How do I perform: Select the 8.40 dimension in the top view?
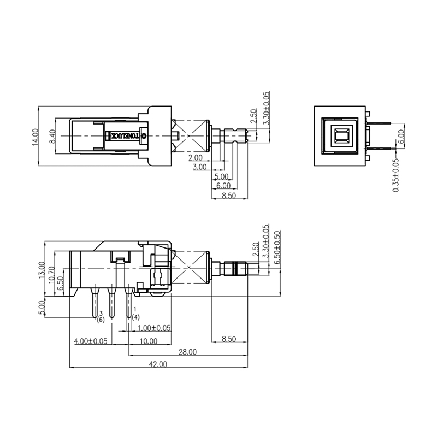click(52, 136)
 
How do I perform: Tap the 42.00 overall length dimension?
click(158, 364)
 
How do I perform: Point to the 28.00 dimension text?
click(187, 353)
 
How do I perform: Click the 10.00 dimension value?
click(148, 341)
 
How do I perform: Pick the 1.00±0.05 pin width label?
click(155, 328)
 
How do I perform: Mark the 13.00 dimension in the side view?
click(42, 269)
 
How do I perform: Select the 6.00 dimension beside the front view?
click(401, 136)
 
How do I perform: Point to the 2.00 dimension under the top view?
click(196, 158)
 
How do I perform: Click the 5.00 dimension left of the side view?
click(42, 306)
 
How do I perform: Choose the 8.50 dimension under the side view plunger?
click(229, 340)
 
